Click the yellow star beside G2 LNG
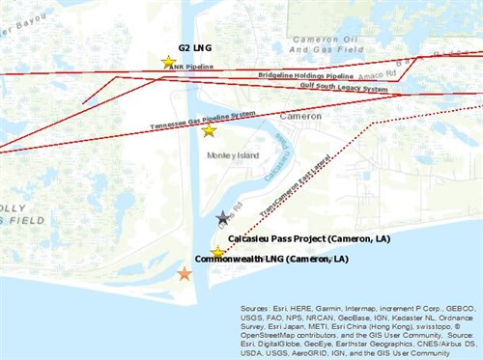[169, 63]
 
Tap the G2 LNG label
[194, 46]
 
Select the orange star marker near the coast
[185, 274]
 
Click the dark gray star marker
[223, 219]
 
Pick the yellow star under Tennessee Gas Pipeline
[209, 130]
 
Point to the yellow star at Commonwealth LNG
[218, 253]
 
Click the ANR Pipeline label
[191, 68]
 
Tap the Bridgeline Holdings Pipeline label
[306, 74]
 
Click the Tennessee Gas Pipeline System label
[203, 120]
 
